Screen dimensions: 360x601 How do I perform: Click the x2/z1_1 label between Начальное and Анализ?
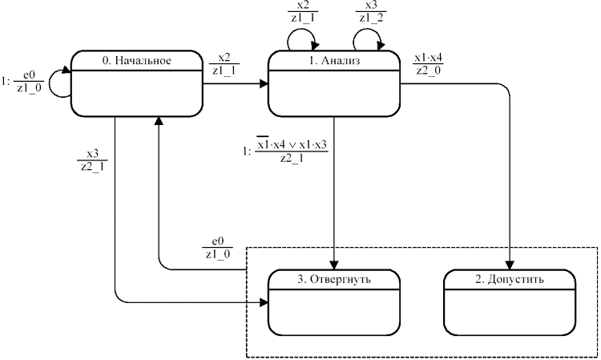click(224, 64)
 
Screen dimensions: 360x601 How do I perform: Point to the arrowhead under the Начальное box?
click(159, 120)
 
